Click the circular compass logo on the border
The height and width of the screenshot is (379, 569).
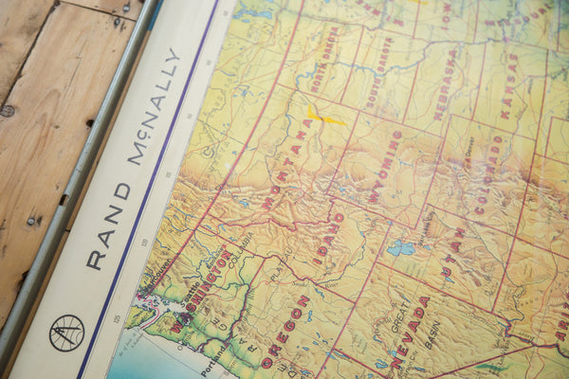coord(66,333)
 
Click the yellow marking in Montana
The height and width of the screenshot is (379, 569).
coord(323,117)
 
